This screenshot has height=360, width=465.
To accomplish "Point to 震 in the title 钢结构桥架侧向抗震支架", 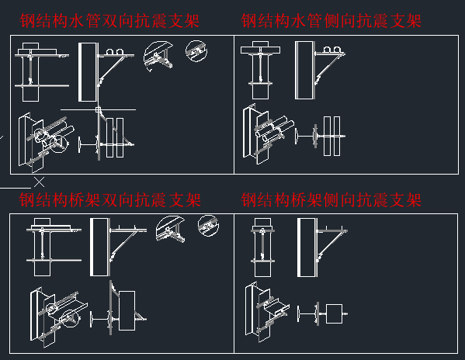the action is tap(381, 200).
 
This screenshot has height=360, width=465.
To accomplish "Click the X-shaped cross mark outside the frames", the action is tap(39, 182).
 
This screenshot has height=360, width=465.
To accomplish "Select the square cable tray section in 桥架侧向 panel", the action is tap(335, 313).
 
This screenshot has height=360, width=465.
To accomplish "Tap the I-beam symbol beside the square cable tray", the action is tap(307, 314).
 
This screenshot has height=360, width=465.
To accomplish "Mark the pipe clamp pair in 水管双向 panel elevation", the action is tap(114, 51).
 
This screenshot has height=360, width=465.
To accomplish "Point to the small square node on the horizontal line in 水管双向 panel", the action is tap(98, 109).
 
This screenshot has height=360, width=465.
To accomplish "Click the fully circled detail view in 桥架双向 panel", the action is tap(208, 226).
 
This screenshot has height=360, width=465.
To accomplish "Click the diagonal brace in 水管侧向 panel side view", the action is tap(329, 67).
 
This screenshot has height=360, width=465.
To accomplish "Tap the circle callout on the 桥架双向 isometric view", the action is tap(71, 319).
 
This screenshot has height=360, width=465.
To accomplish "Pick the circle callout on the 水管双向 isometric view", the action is tap(57, 144).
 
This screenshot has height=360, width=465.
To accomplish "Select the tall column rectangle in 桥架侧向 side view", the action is tap(307, 247).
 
